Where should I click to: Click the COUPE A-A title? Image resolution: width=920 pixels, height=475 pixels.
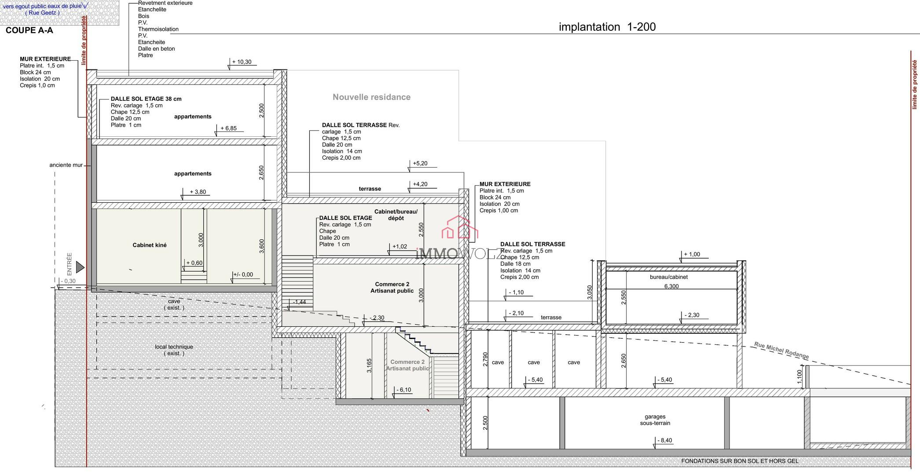pos(29,30)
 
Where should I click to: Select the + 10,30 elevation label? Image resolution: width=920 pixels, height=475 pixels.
pos(242,62)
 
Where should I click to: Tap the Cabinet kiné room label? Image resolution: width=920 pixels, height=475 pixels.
pos(150,245)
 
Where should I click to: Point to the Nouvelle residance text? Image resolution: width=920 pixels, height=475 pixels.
pos(371,97)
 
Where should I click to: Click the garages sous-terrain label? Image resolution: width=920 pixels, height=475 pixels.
pos(655,420)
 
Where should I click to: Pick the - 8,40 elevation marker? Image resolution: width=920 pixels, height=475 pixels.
pos(664,440)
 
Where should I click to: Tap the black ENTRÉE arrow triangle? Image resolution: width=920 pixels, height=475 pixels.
pos(80,267)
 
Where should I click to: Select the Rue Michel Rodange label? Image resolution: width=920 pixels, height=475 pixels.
pos(781,350)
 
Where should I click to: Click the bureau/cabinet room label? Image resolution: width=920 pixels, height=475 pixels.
pos(668,277)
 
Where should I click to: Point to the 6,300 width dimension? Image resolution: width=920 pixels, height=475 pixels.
pos(671,286)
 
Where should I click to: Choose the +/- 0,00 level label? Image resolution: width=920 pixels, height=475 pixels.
pos(243,274)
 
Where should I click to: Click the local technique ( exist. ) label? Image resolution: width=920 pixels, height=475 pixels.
pos(174,350)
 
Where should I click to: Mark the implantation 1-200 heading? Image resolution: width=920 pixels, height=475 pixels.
pos(607,27)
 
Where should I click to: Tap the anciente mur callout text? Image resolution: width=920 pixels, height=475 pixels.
pos(66,165)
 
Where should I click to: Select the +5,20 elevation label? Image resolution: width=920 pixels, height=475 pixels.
pos(420,164)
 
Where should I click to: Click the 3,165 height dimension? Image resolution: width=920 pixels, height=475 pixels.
pos(369,366)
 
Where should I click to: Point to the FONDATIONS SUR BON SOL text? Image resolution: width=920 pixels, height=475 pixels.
pos(740,461)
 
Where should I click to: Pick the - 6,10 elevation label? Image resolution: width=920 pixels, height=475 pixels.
pos(403,390)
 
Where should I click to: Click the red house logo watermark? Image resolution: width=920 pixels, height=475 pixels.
pos(460,227)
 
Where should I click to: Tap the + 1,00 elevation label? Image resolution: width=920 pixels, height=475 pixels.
pos(692,254)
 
